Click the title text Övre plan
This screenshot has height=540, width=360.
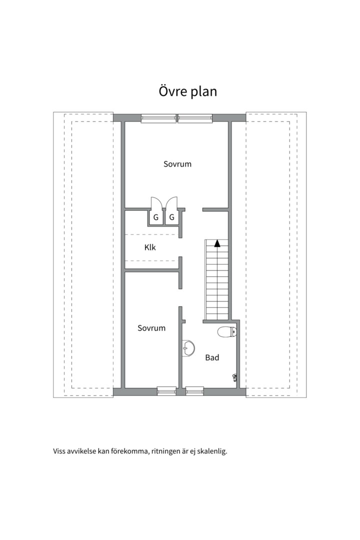coord(187,92)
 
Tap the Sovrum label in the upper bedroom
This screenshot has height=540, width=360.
coord(177,164)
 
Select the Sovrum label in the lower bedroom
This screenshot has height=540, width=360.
coord(151,328)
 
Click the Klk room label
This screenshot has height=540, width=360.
coord(150,247)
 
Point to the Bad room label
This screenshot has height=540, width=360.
coord(212,358)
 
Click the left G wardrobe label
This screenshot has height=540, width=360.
coord(156,217)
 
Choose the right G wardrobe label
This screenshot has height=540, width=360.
coord(171,217)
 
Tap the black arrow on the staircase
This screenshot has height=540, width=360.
coord(217,243)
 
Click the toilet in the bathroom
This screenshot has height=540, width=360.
coord(226,331)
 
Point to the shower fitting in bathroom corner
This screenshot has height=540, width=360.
coord(234,378)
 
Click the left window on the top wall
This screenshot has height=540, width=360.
coord(158,118)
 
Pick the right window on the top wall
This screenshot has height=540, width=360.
coord(196,118)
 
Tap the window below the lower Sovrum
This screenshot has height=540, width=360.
coord(166,391)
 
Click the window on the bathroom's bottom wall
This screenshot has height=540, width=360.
coord(194,391)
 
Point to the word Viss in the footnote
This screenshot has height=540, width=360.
coord(60,451)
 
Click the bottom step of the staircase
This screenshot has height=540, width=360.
coord(216,315)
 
